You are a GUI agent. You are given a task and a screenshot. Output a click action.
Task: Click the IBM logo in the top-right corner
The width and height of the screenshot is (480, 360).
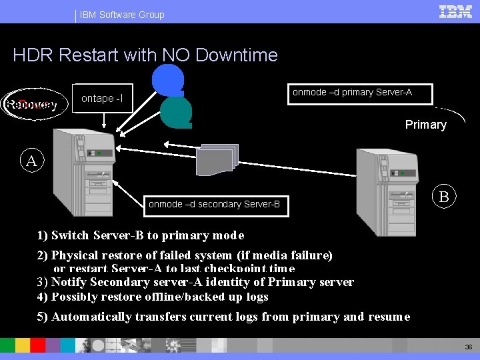pyautogui.click(x=456, y=11)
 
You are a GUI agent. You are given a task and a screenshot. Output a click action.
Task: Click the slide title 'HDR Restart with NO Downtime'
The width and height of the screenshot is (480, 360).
pyautogui.click(x=145, y=55)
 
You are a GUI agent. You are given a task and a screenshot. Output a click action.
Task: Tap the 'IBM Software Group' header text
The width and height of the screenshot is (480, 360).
pyautogui.click(x=122, y=14)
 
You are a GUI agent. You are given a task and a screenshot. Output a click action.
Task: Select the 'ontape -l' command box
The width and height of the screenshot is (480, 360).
pyautogui.click(x=102, y=99)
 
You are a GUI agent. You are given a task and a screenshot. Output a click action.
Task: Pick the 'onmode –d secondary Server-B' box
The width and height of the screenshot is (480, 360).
pyautogui.click(x=214, y=204)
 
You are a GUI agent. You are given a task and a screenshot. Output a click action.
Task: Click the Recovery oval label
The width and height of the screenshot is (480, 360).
pyautogui.click(x=31, y=104)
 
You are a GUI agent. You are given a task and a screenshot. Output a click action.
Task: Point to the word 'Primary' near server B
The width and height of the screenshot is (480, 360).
pyautogui.click(x=425, y=125)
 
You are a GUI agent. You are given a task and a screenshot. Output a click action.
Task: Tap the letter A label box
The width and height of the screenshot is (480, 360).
pyautogui.click(x=31, y=161)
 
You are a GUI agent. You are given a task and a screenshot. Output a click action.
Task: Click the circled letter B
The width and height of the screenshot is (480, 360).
pyautogui.click(x=443, y=197)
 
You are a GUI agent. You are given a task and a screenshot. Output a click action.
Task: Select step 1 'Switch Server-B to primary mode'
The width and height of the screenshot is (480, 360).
pyautogui.click(x=141, y=235)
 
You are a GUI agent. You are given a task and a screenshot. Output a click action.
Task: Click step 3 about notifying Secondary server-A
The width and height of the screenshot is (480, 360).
pyautogui.click(x=195, y=282)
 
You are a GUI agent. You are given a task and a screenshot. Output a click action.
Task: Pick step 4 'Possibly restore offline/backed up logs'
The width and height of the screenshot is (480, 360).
pyautogui.click(x=153, y=297)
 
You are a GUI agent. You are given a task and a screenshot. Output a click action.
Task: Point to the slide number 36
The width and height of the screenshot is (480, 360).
pyautogui.click(x=468, y=347)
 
